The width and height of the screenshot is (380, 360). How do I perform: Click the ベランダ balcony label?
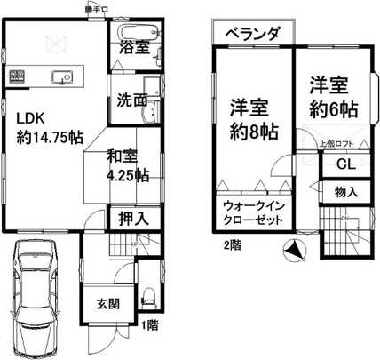253,33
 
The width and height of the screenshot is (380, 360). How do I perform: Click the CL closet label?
346,164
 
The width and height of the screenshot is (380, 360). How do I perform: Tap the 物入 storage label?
346,192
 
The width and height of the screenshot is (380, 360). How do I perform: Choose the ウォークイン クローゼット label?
252,213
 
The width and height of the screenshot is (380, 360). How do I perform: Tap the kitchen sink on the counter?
62,76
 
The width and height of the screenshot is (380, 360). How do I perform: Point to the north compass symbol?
291,252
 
